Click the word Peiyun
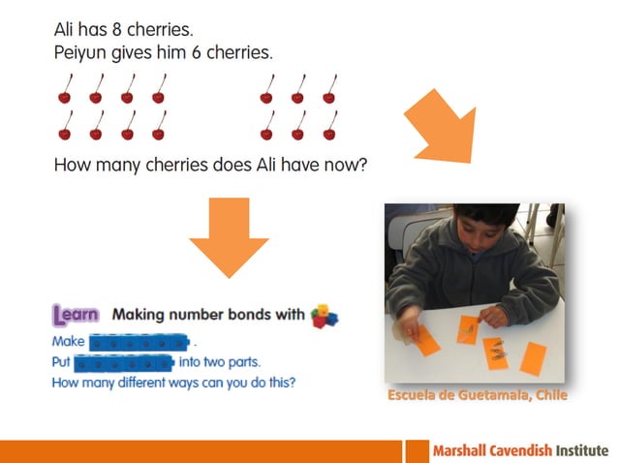click(x=81, y=53)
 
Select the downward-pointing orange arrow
click(x=229, y=236)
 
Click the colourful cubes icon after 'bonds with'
click(x=324, y=316)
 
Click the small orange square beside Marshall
click(x=418, y=451)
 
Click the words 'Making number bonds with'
click(x=207, y=315)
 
